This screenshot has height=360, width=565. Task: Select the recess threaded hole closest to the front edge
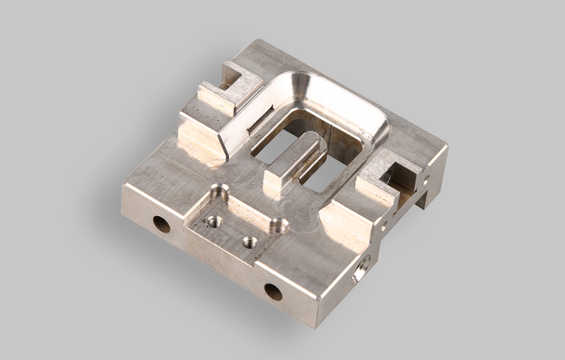[x=250, y=242]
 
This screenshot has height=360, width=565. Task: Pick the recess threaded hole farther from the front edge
[x=213, y=220]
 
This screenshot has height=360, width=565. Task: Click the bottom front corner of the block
[x=315, y=325]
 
